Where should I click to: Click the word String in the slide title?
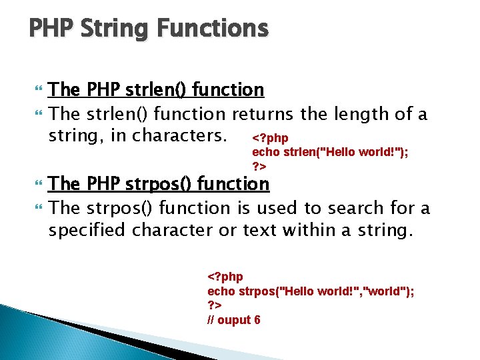[x=114, y=29]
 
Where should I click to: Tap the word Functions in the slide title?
[x=213, y=29]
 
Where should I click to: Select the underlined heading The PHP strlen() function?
[x=157, y=89]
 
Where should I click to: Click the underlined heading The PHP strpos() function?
[x=159, y=183]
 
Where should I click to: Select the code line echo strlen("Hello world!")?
[x=330, y=151]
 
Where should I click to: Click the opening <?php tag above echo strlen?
[x=270, y=138]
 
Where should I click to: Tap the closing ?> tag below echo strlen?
[x=259, y=165]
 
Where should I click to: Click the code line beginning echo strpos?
[x=311, y=291]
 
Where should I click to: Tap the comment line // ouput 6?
[x=234, y=320]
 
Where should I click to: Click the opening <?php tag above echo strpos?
[x=225, y=276]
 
